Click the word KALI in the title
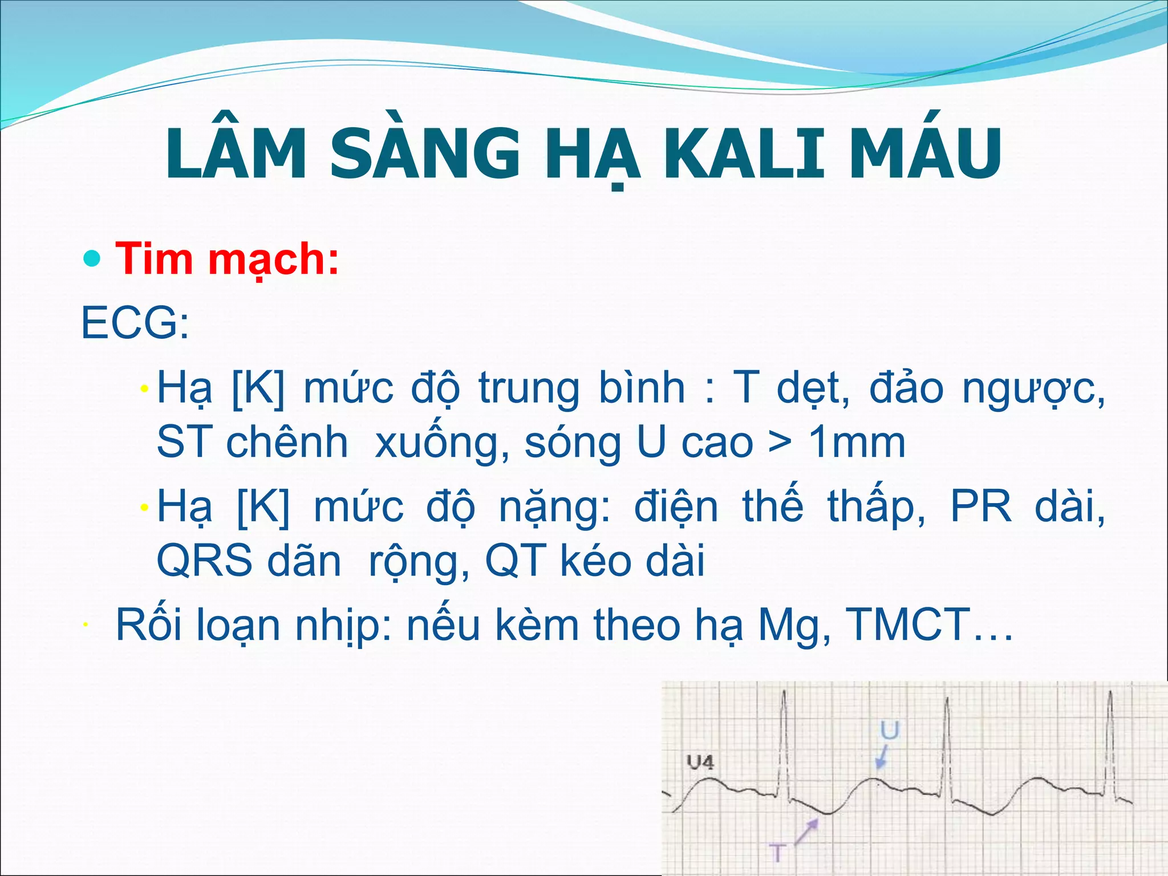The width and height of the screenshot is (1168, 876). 744,154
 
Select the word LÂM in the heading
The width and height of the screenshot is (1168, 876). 236,154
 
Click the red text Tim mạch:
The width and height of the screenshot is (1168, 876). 227,259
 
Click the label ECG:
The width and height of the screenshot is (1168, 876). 135,323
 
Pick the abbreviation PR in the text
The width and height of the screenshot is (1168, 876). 980,506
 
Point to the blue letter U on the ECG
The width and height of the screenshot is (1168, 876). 889,731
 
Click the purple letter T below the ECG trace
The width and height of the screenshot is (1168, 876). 777,853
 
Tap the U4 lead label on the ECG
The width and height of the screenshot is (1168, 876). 700,762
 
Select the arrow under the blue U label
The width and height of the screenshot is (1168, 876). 882,758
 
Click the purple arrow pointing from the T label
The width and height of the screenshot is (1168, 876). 806,833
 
